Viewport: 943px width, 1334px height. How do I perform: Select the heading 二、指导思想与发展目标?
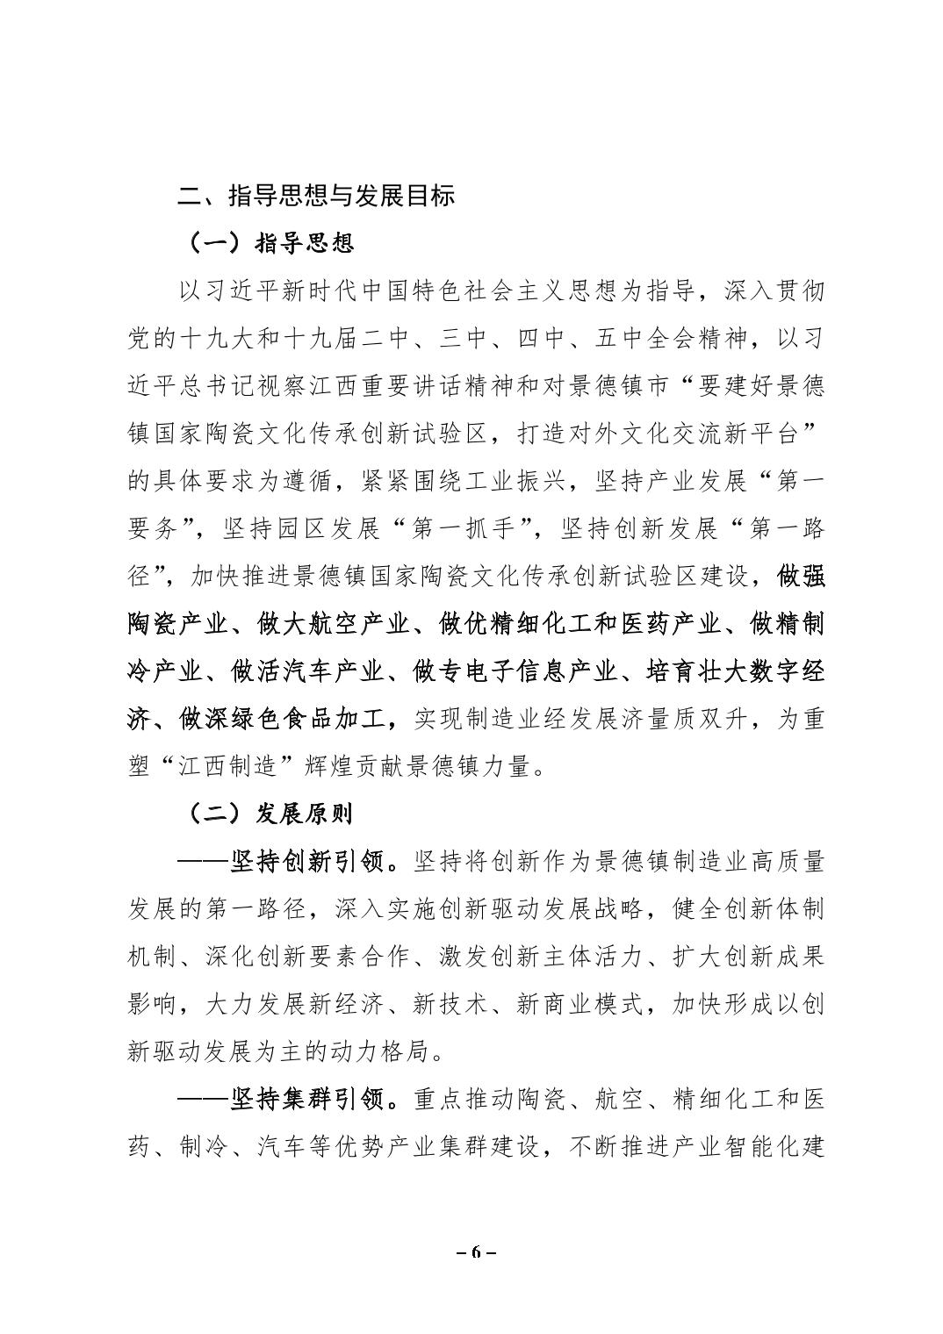pos(316,196)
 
